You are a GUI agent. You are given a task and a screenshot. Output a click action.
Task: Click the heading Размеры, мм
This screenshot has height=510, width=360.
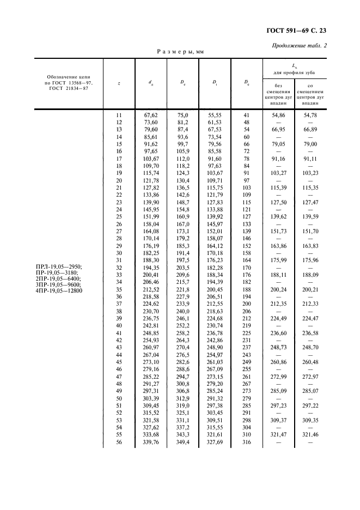[x=180, y=52]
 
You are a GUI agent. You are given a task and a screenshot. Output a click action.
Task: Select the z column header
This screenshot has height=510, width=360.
[x=119, y=83]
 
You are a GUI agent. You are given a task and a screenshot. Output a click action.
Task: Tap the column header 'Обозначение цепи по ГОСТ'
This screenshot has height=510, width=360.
[x=67, y=83]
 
